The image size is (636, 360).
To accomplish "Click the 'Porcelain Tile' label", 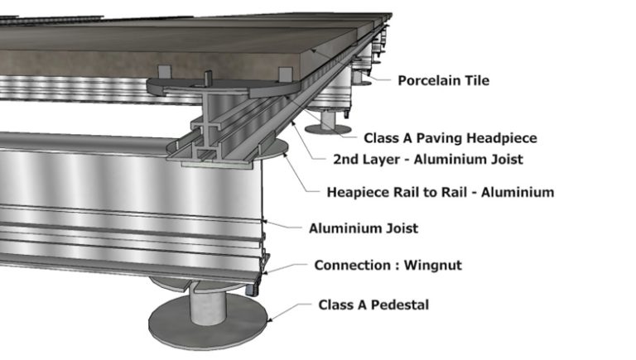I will pyautogui.click(x=443, y=80).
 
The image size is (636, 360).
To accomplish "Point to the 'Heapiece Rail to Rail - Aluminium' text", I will pyautogui.click(x=441, y=192).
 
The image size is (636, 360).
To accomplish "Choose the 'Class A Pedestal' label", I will pyautogui.click(x=373, y=305).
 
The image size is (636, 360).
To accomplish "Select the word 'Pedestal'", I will pyautogui.click(x=401, y=305).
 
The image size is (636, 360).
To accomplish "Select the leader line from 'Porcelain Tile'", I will pyautogui.click(x=377, y=77).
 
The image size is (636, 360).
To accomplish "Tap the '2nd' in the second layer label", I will pyautogui.click(x=344, y=158).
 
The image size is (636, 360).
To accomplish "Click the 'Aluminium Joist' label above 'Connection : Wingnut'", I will pyautogui.click(x=363, y=228).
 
